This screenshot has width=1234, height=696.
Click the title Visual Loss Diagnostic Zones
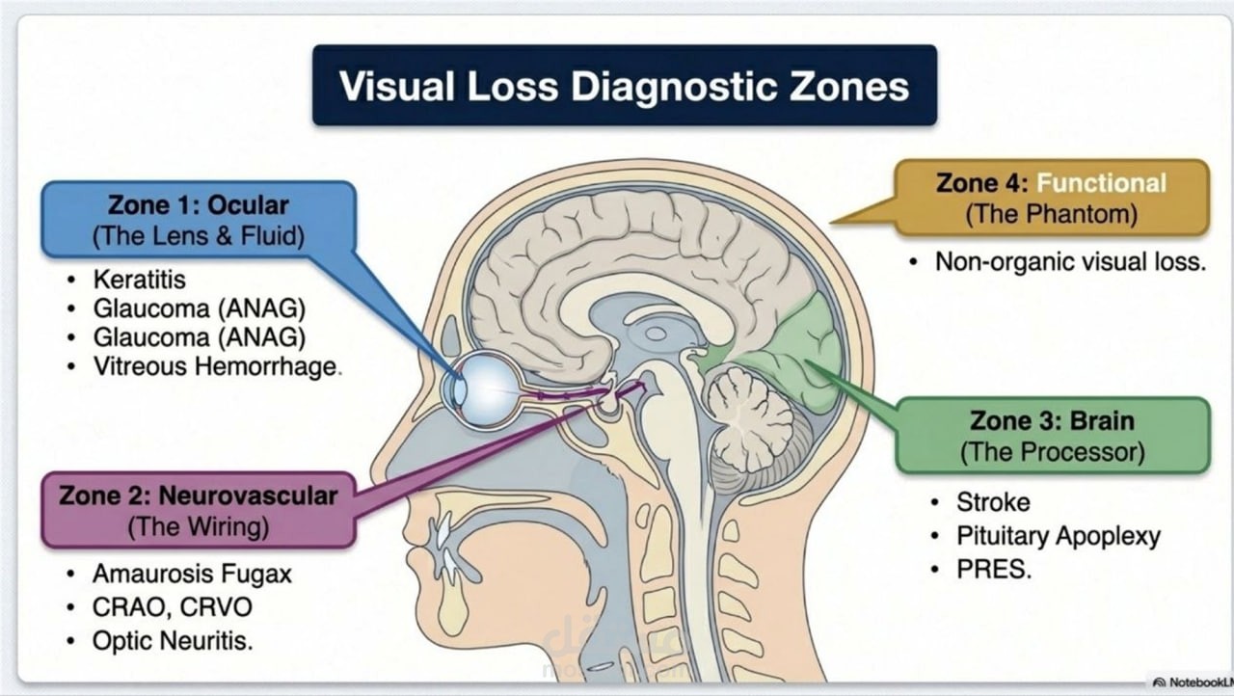pyautogui.click(x=624, y=86)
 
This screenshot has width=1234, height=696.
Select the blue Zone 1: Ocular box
pyautogui.click(x=199, y=220)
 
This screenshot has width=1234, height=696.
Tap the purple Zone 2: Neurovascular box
pyautogui.click(x=199, y=511)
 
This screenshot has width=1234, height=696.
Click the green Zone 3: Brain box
pyautogui.click(x=1053, y=436)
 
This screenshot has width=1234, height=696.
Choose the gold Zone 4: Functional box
pyautogui.click(x=1052, y=199)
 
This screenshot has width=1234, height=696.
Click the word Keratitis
pyautogui.click(x=140, y=280)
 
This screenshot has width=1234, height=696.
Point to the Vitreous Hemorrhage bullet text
pyautogui.click(x=217, y=366)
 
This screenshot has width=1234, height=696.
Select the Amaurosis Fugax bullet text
pyautogui.click(x=192, y=574)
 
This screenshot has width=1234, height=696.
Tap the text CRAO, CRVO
pyautogui.click(x=172, y=607)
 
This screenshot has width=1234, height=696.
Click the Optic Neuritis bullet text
pyautogui.click(x=173, y=641)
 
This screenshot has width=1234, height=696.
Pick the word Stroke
pyautogui.click(x=993, y=502)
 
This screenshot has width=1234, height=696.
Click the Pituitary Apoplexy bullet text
pyautogui.click(x=1059, y=536)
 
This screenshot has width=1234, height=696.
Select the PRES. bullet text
pyautogui.click(x=994, y=570)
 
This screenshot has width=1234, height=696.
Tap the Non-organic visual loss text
pyautogui.click(x=1070, y=261)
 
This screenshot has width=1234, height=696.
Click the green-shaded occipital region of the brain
pyautogui.click(x=793, y=353)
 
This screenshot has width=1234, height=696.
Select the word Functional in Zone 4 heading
pyautogui.click(x=1101, y=183)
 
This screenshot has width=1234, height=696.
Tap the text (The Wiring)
pyautogui.click(x=199, y=527)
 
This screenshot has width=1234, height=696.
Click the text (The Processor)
pyautogui.click(x=1052, y=452)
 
